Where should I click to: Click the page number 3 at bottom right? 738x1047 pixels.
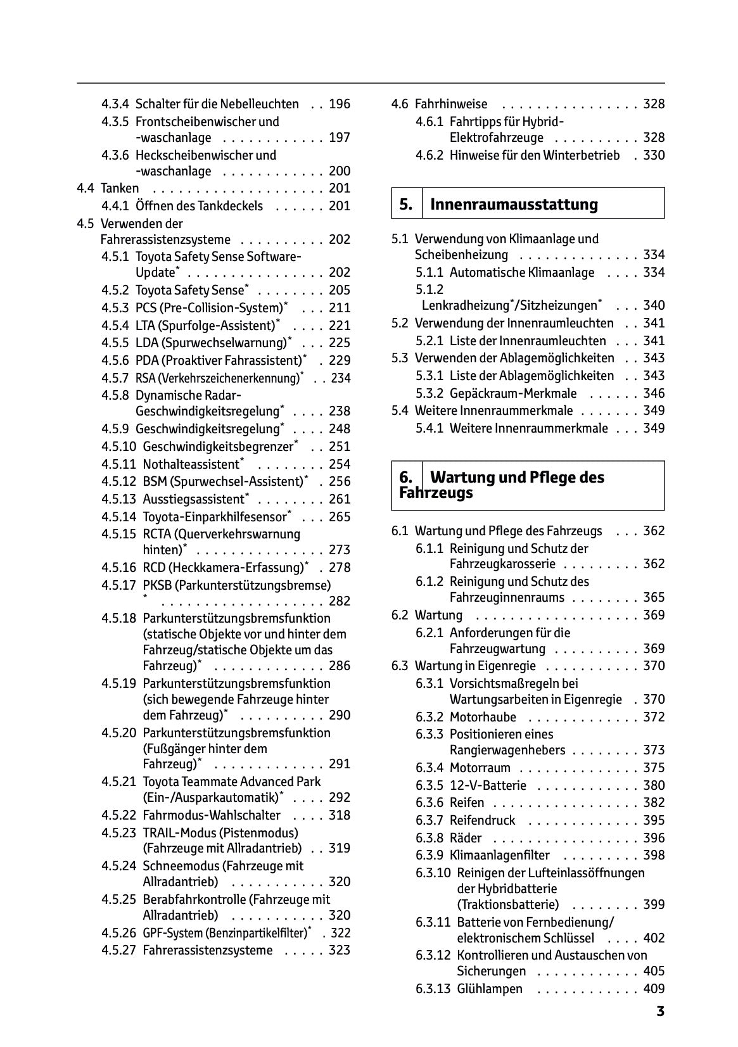point(659,1012)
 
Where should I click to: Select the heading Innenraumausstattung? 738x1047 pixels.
point(514,205)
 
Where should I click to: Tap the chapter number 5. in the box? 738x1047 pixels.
point(406,205)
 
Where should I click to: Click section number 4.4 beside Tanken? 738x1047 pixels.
point(86,188)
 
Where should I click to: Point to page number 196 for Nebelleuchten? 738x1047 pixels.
point(340,104)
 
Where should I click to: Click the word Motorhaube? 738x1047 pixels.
point(483,717)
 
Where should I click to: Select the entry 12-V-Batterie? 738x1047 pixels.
point(488,785)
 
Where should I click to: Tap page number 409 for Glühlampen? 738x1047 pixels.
point(654,989)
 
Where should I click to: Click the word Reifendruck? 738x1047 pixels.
point(482,820)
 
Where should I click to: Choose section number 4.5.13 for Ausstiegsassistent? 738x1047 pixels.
point(118,499)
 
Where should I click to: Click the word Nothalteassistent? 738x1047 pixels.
point(191,464)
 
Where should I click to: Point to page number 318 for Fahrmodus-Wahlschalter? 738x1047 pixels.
point(340,815)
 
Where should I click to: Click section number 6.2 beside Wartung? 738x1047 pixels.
point(400,615)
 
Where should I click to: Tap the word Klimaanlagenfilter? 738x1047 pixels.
point(499,855)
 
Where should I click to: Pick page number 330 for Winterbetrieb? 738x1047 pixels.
point(654,155)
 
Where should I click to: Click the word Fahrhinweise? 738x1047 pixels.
point(451,104)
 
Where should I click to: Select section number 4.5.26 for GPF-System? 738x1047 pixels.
point(118,933)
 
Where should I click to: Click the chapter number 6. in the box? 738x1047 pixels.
point(406,478)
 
